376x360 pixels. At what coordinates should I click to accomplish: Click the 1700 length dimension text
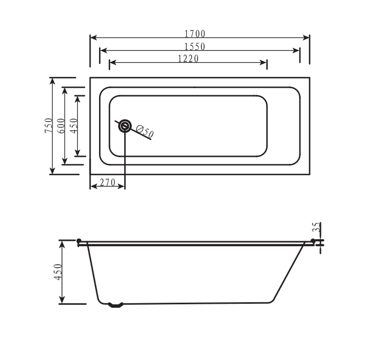(x=195, y=34)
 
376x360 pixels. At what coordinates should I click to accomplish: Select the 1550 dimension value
(x=195, y=46)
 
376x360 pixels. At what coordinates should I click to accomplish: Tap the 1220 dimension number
(x=188, y=58)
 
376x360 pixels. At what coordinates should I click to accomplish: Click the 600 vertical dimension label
(x=61, y=126)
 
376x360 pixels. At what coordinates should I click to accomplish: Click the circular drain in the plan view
(x=125, y=126)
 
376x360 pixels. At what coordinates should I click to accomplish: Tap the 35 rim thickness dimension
(x=316, y=227)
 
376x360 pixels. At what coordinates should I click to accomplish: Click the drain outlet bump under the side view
(x=116, y=305)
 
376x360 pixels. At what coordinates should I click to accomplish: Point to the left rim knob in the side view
(x=79, y=242)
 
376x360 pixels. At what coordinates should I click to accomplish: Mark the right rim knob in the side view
(x=313, y=242)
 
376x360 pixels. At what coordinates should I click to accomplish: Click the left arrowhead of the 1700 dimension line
(x=93, y=37)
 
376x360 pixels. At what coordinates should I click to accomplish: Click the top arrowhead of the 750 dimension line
(x=52, y=80)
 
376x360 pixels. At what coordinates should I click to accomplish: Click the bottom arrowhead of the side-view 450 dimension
(x=61, y=301)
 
